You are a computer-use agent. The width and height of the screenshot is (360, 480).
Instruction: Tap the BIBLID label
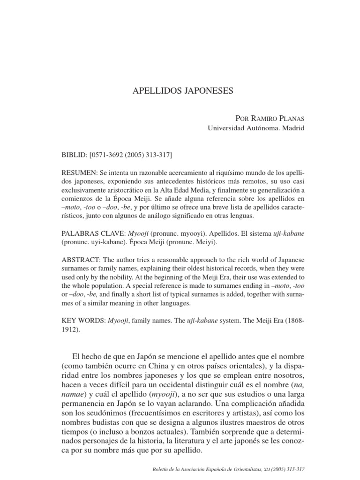pos(73,154)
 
